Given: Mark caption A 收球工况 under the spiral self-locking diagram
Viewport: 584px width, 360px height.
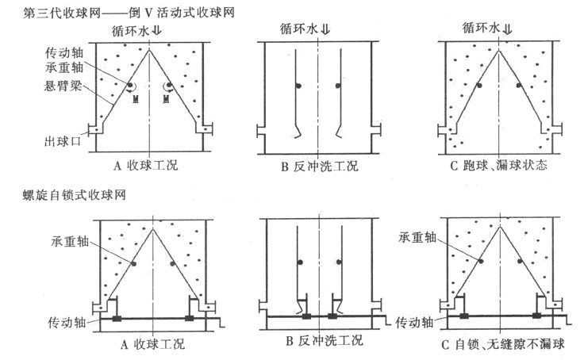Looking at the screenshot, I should point(149,343).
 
